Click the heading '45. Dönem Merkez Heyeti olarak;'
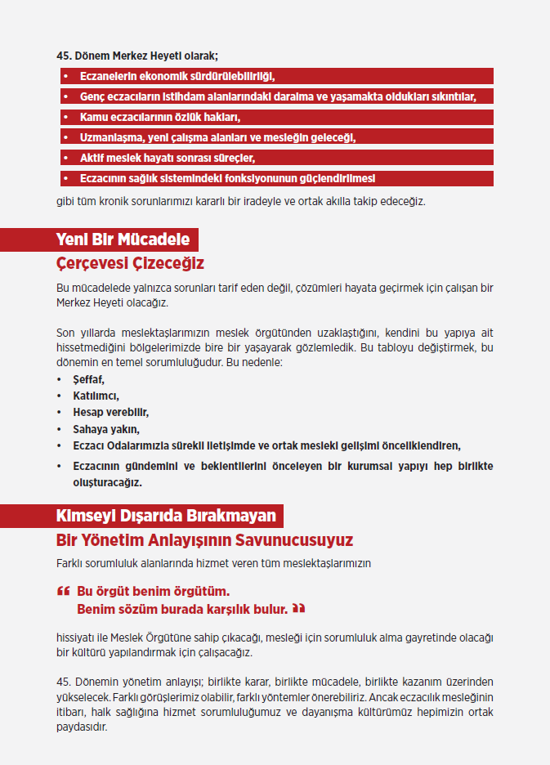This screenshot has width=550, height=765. click(136, 56)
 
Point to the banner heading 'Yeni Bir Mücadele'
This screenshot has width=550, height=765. click(123, 239)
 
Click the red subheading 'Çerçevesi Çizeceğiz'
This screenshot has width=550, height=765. click(130, 263)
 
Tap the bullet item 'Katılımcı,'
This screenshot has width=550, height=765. click(96, 396)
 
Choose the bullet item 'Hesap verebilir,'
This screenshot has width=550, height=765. click(110, 413)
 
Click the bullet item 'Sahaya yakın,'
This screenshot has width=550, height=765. click(106, 429)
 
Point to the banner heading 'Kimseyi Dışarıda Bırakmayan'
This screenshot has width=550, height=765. click(166, 517)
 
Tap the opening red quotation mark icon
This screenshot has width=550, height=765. click(63, 590)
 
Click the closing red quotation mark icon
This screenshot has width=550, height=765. click(298, 608)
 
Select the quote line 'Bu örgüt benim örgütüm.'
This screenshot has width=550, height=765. click(153, 591)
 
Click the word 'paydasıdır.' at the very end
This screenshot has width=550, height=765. click(82, 727)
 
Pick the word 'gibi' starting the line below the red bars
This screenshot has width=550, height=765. click(65, 200)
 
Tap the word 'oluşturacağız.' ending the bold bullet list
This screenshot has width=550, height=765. click(107, 483)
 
